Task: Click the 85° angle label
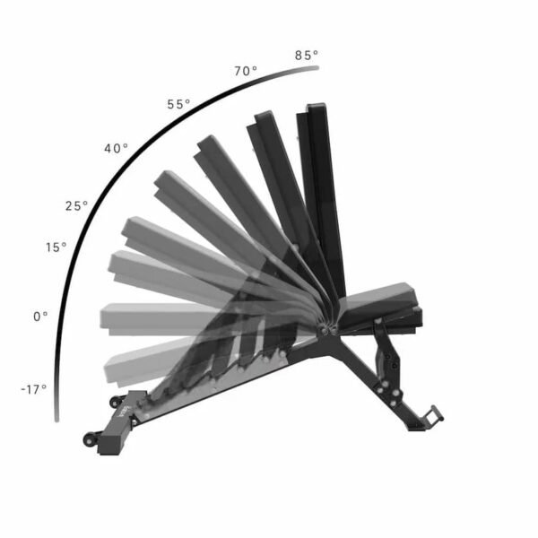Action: point(307,56)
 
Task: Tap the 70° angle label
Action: point(246,71)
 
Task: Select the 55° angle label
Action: point(178,104)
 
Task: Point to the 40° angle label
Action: point(116,149)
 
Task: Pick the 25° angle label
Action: point(76,206)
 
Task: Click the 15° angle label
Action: point(56,247)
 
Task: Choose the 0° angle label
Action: point(40,317)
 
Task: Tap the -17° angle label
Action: point(34,389)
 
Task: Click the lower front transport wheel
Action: point(90,439)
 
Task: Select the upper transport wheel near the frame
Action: point(116,402)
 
